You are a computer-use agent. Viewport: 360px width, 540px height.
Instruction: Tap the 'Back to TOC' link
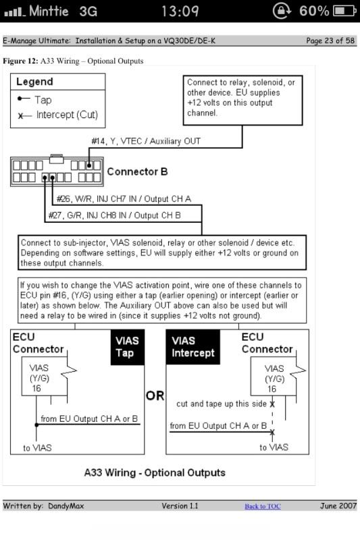tap(263, 506)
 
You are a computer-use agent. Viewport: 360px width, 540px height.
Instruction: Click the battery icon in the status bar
tap(344, 11)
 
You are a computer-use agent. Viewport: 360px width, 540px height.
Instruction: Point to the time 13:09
tap(180, 11)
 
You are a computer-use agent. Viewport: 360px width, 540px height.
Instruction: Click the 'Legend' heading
tap(35, 82)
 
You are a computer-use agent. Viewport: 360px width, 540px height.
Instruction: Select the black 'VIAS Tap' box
tap(127, 347)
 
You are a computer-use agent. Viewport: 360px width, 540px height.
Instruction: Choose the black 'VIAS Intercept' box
tap(193, 347)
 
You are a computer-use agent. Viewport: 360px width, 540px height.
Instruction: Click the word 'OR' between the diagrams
tap(155, 396)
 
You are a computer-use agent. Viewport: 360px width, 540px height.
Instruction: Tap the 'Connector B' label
tap(138, 171)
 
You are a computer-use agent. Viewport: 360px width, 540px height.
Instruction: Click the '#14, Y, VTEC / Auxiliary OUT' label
tap(146, 141)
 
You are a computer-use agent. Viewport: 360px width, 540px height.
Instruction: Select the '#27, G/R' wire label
tap(65, 215)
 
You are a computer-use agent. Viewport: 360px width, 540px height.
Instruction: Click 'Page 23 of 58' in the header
tap(330, 40)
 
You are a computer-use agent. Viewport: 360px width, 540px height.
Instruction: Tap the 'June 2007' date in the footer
tap(338, 506)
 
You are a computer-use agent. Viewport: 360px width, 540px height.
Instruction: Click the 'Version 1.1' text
tap(180, 506)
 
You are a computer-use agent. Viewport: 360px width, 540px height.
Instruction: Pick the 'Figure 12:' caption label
tap(20, 61)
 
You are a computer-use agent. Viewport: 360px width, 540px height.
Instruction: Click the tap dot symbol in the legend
tap(20, 99)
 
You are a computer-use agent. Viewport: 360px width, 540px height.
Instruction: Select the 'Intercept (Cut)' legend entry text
tap(67, 115)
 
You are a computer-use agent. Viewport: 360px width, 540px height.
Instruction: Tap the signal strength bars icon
tap(14, 12)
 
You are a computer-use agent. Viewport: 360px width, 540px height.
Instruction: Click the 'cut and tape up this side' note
tap(222, 404)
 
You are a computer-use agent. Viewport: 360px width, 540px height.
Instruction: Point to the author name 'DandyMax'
tap(66, 506)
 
